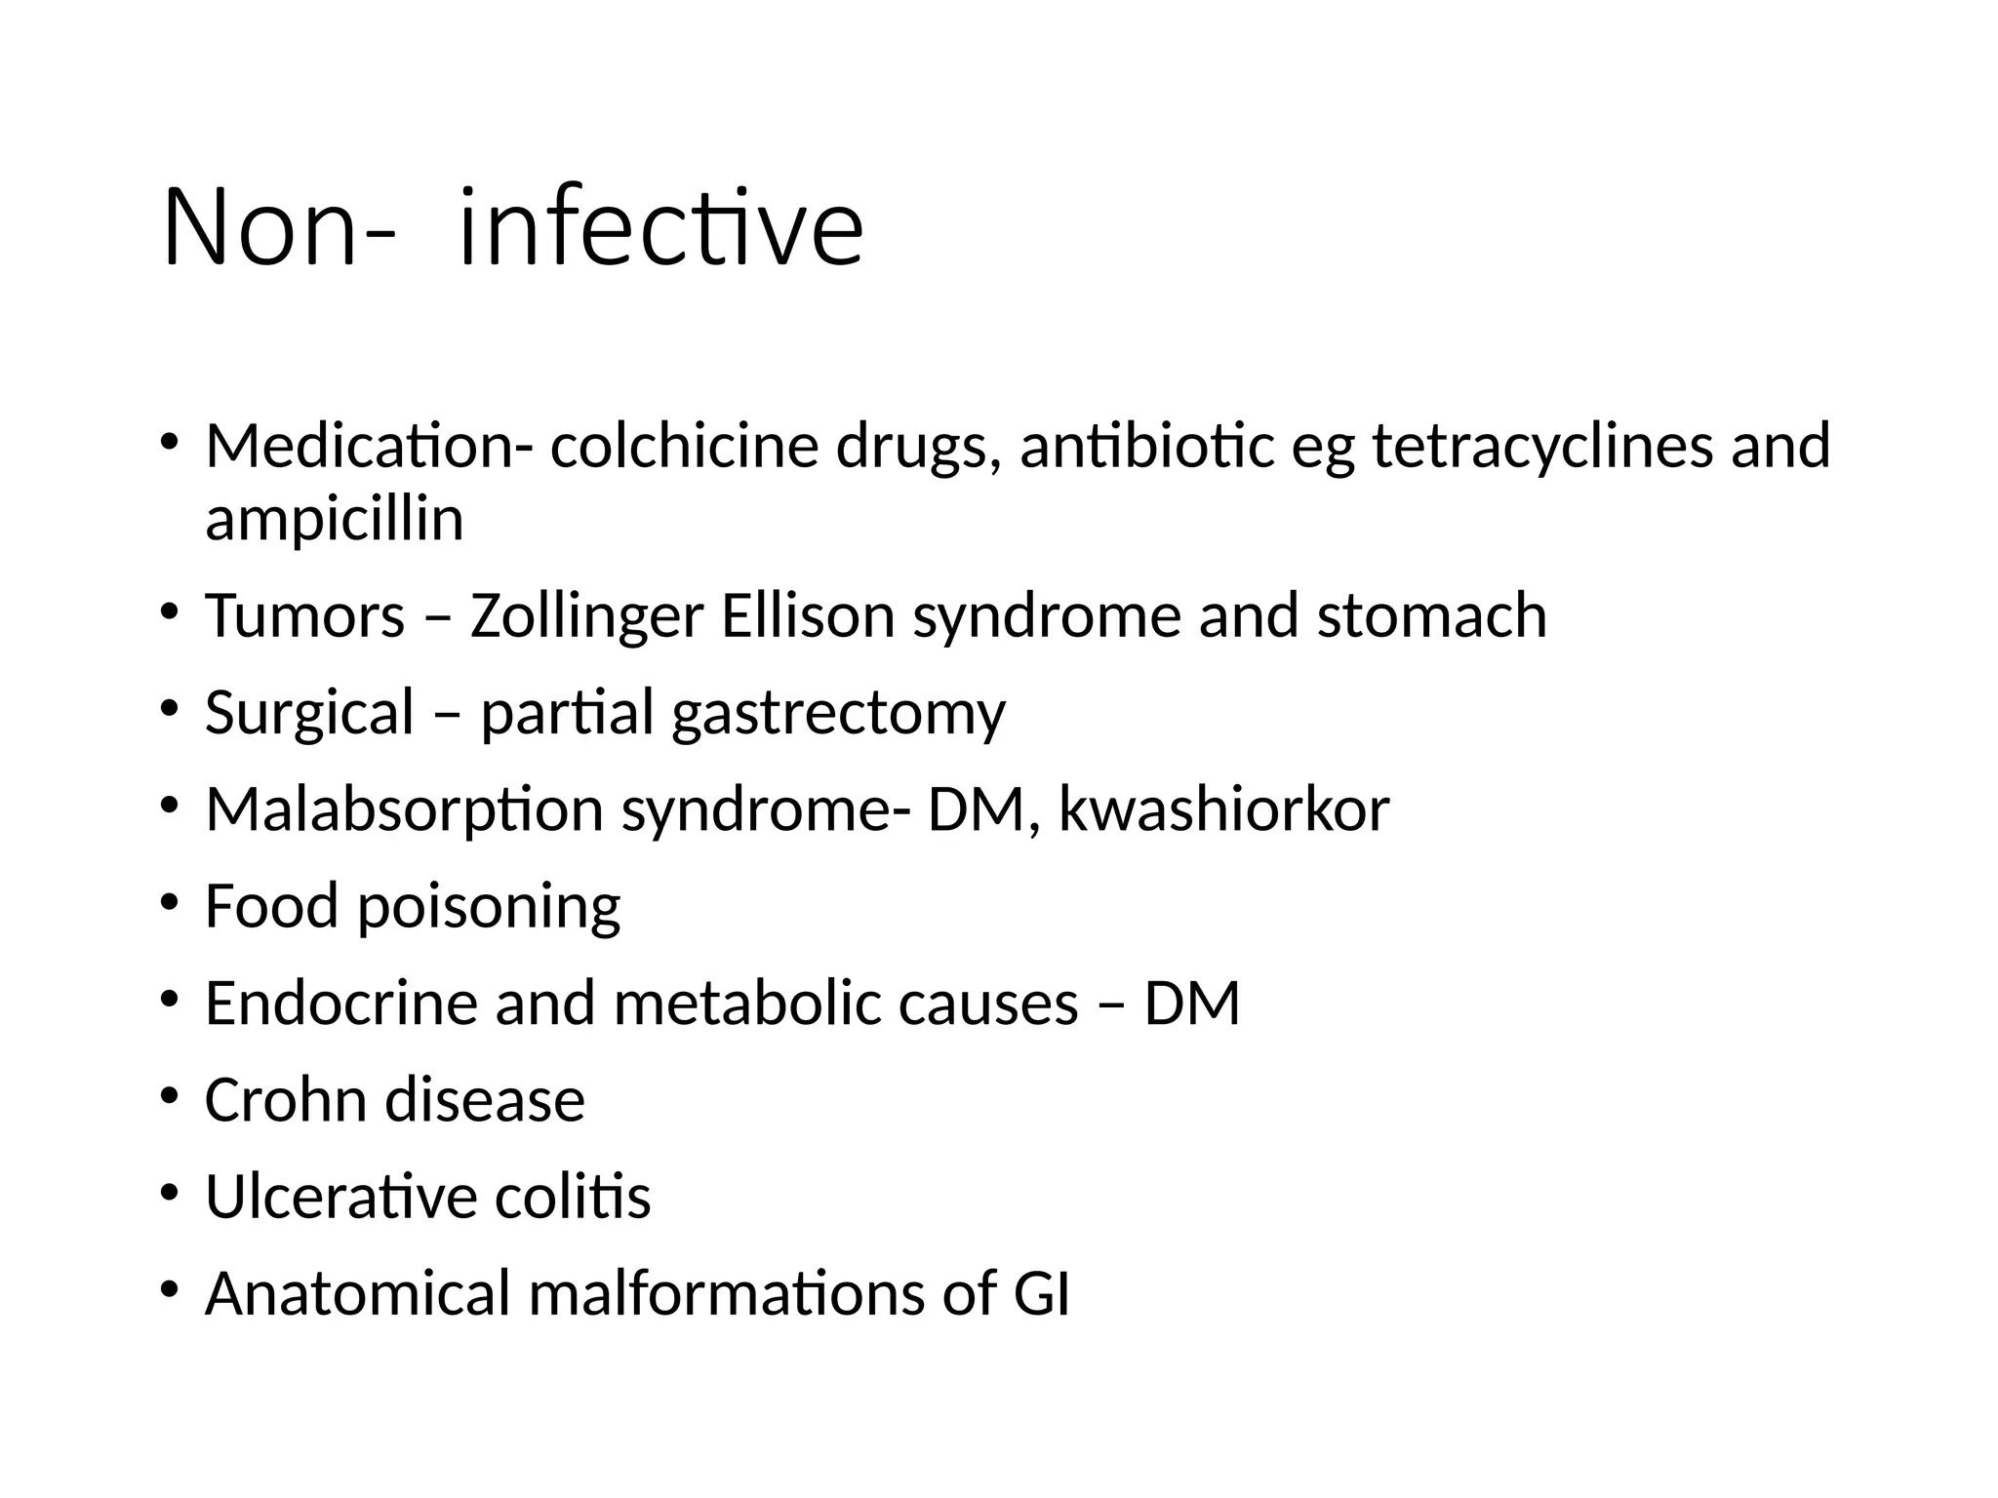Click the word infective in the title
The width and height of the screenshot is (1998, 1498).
[659, 229]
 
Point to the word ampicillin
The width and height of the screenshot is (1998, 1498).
[334, 520]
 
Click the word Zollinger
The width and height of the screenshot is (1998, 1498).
[586, 617]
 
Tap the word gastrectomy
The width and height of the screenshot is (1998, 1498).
[838, 714]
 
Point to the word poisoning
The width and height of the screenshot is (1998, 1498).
[488, 907]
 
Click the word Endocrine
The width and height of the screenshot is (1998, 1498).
[340, 1003]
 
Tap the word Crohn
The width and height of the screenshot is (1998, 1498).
[284, 1099]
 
